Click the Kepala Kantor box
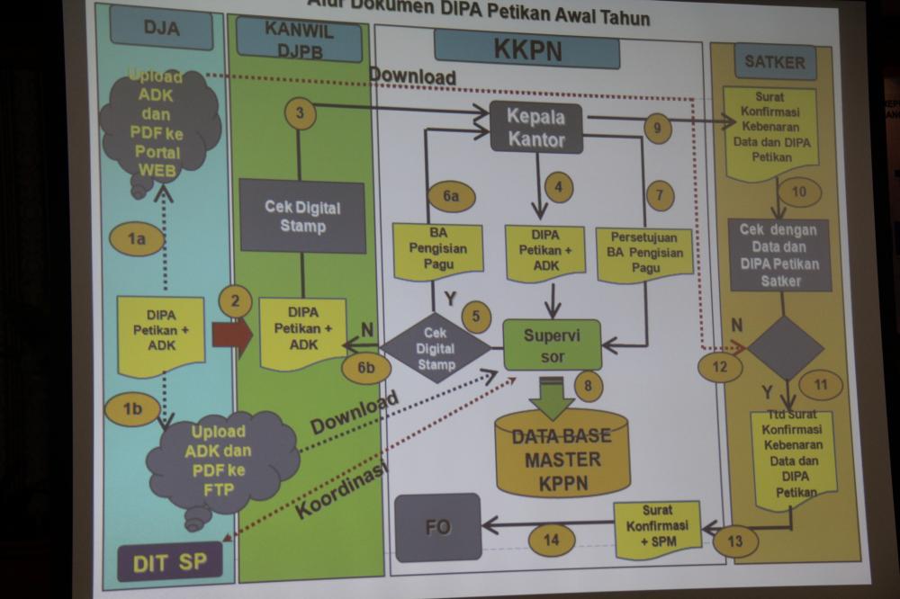[x=536, y=128]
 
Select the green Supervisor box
[x=552, y=344]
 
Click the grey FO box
[x=438, y=526]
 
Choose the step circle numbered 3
[x=300, y=113]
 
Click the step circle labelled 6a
[x=450, y=195]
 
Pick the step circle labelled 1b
[x=132, y=409]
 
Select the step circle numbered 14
[x=551, y=540]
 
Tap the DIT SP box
[x=169, y=563]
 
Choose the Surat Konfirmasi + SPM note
[x=657, y=529]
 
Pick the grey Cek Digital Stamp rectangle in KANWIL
[x=302, y=216]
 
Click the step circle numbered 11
[x=820, y=384]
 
